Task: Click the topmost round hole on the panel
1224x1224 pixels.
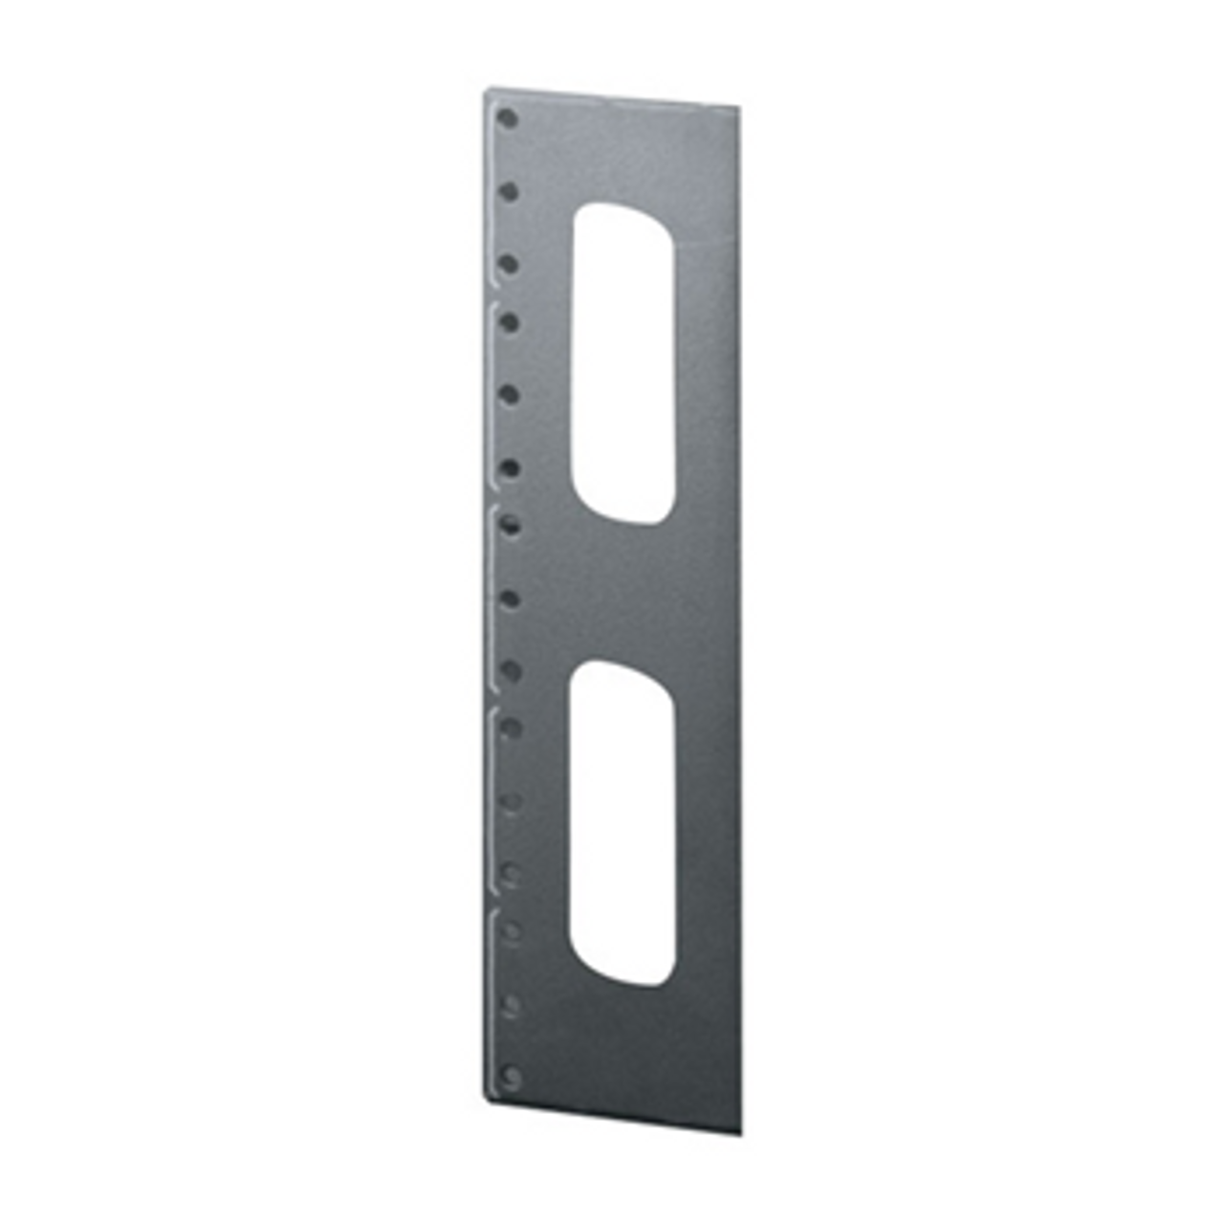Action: [509, 120]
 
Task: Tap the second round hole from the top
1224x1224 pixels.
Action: [510, 191]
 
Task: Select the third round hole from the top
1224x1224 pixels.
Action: [510, 263]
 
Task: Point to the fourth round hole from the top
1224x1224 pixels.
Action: [510, 322]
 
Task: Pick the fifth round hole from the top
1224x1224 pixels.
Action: [510, 394]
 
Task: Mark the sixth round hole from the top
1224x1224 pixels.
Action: [510, 468]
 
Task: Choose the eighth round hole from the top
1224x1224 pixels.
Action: [510, 599]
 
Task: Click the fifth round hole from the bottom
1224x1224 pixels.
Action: [511, 800]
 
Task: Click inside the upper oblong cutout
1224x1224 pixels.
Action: [622, 363]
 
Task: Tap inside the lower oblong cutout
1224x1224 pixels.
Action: [622, 822]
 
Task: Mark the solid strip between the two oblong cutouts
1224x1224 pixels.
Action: [622, 593]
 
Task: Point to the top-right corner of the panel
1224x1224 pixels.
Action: [741, 105]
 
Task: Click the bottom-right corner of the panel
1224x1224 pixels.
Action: [742, 1134]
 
